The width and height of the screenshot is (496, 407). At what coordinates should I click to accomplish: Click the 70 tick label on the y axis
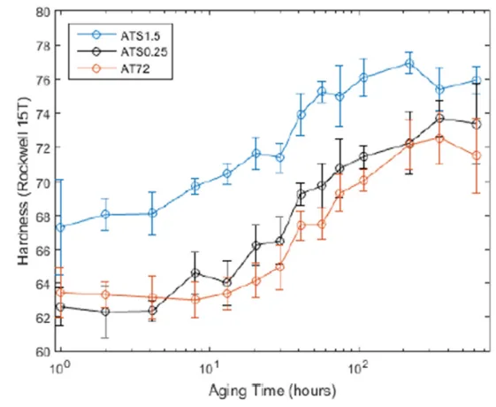[x=42, y=182]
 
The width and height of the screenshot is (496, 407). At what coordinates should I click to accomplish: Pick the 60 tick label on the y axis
[x=42, y=351]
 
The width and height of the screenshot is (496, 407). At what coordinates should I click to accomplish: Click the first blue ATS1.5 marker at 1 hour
[x=60, y=227]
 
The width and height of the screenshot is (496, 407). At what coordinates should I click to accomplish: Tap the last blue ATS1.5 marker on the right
[x=477, y=81]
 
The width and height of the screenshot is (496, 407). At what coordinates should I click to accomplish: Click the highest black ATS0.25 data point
[x=439, y=119]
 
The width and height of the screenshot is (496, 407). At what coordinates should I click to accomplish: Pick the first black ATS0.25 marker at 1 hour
[x=60, y=307]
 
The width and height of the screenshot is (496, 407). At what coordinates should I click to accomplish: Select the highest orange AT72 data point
[x=439, y=138]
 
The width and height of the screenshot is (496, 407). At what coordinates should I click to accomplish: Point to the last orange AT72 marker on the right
[x=477, y=156]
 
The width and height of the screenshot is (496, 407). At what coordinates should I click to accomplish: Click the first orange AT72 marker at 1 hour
[x=60, y=293]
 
